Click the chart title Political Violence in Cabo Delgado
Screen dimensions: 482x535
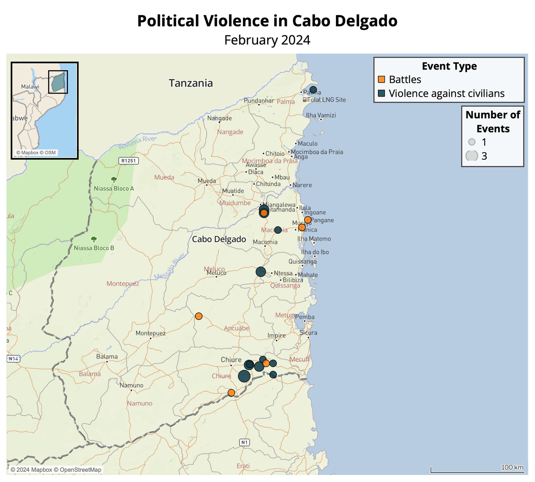point(267,21)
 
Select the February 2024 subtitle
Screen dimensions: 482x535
point(267,40)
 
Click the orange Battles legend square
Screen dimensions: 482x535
point(381,80)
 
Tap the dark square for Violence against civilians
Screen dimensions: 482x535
point(381,94)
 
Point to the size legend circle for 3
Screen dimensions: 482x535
point(472,156)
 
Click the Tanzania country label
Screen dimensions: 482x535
point(191,83)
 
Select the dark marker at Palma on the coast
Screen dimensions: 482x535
point(313,90)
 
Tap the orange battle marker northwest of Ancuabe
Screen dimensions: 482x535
point(199,316)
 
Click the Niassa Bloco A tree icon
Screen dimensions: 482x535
point(114,179)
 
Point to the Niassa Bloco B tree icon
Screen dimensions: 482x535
point(94,239)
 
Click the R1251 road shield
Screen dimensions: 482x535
point(128,161)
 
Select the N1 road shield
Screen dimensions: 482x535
point(245,442)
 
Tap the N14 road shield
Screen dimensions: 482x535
point(13,359)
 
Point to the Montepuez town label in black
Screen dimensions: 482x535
point(151,333)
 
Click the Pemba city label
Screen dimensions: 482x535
point(305,317)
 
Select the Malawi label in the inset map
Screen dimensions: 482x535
point(30,87)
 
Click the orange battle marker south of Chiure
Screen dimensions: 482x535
point(231,393)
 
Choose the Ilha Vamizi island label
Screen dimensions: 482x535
point(321,115)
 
